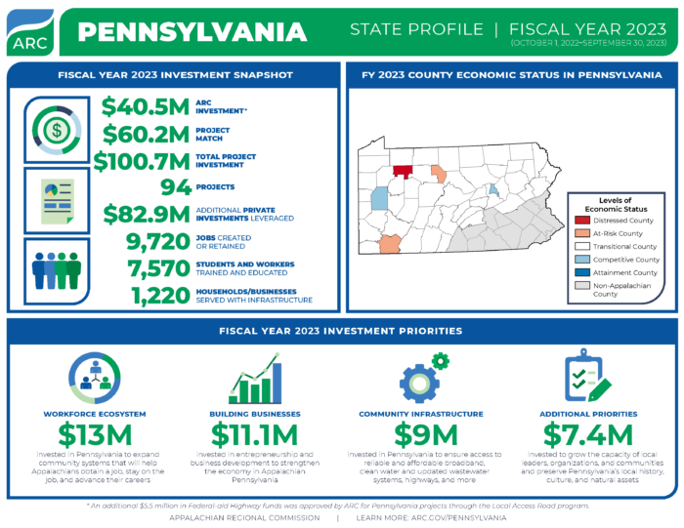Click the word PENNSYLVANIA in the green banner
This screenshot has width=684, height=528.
point(192,31)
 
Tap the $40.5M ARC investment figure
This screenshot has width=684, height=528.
point(147,106)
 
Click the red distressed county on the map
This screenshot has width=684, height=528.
point(403,171)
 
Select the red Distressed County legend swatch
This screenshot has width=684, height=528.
point(583,221)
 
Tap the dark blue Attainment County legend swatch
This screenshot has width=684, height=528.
point(583,272)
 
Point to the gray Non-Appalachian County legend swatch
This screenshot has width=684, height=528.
point(583,286)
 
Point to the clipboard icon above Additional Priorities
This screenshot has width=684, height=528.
point(586,377)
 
